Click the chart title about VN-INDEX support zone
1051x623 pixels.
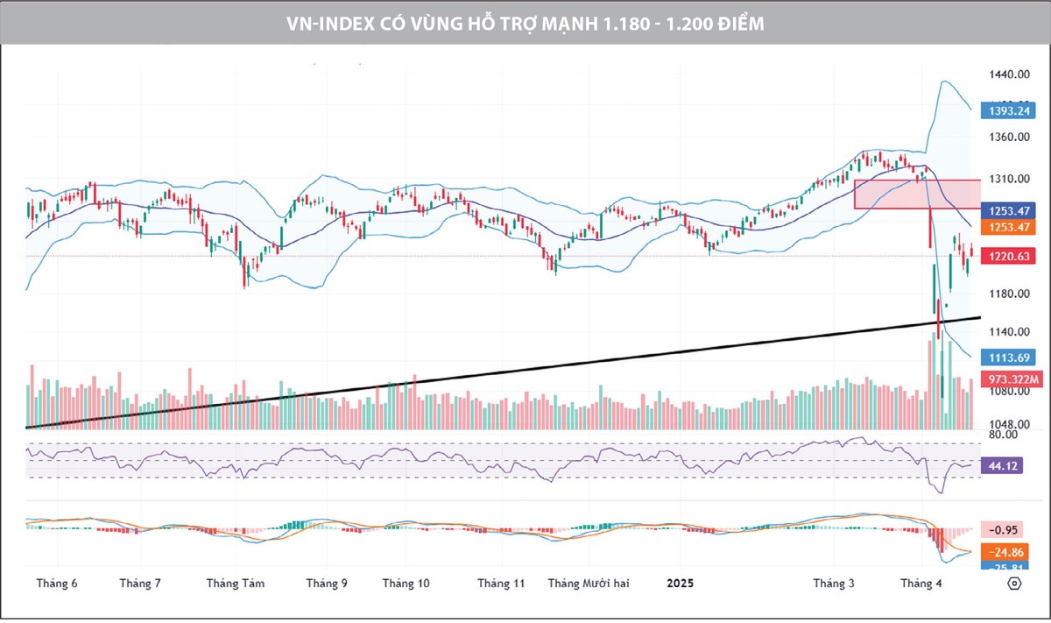pyautogui.click(x=525, y=24)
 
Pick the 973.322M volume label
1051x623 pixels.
pyautogui.click(x=1011, y=379)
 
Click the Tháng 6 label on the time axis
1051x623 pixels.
pyautogui.click(x=57, y=584)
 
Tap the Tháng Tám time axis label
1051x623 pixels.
pyautogui.click(x=236, y=584)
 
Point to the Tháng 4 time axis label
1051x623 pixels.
pyautogui.click(x=921, y=584)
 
